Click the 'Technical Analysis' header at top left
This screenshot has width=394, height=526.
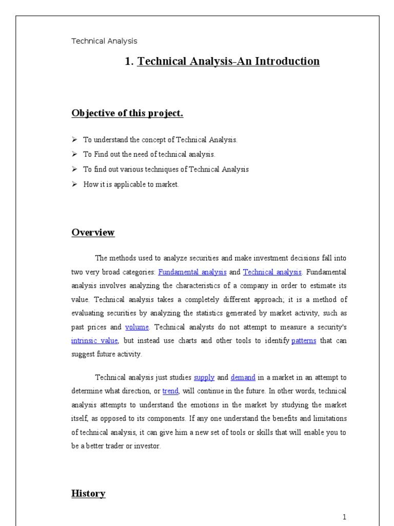[x=104, y=41]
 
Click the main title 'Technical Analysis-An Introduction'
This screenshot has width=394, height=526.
[x=228, y=62]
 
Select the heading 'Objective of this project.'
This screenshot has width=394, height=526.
[x=127, y=114]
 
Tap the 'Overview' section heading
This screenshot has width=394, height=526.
[x=93, y=233]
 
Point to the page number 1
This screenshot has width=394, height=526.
[x=345, y=517]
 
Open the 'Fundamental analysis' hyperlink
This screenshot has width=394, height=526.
[x=192, y=272]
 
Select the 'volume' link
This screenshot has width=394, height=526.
[x=137, y=327]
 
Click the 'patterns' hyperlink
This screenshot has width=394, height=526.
[x=304, y=341]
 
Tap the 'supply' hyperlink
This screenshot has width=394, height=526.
[x=204, y=378]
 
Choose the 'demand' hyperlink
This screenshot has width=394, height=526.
[x=243, y=378]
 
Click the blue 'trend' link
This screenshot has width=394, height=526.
[x=170, y=391]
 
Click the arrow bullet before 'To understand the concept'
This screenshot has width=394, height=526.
[x=74, y=140]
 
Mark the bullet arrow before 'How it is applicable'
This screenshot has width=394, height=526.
[x=74, y=184]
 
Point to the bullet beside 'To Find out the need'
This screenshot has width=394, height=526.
[x=74, y=155]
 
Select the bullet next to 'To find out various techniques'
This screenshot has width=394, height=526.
[x=74, y=170]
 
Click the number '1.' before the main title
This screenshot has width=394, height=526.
[x=129, y=62]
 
